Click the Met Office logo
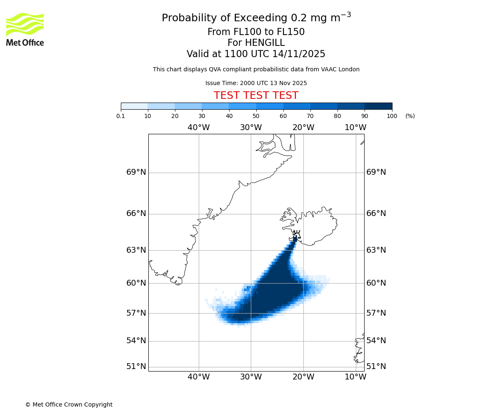pos(25,29)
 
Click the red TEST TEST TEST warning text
pos(256,95)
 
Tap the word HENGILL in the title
pos(264,43)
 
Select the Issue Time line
pos(256,83)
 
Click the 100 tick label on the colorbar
pos(392,116)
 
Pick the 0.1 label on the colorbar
pos(121,116)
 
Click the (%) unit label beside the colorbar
pos(410,116)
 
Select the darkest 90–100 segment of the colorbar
pos(378,106)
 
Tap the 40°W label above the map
pos(198,128)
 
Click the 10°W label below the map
pos(355,377)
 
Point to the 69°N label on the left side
pos(136,172)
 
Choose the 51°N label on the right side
pos(376,367)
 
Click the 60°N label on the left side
pos(136,283)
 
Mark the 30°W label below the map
pos(251,377)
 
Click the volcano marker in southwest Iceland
pos(296,234)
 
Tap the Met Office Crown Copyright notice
pos(69,404)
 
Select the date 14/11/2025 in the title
pos(299,54)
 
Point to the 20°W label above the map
pos(303,128)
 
